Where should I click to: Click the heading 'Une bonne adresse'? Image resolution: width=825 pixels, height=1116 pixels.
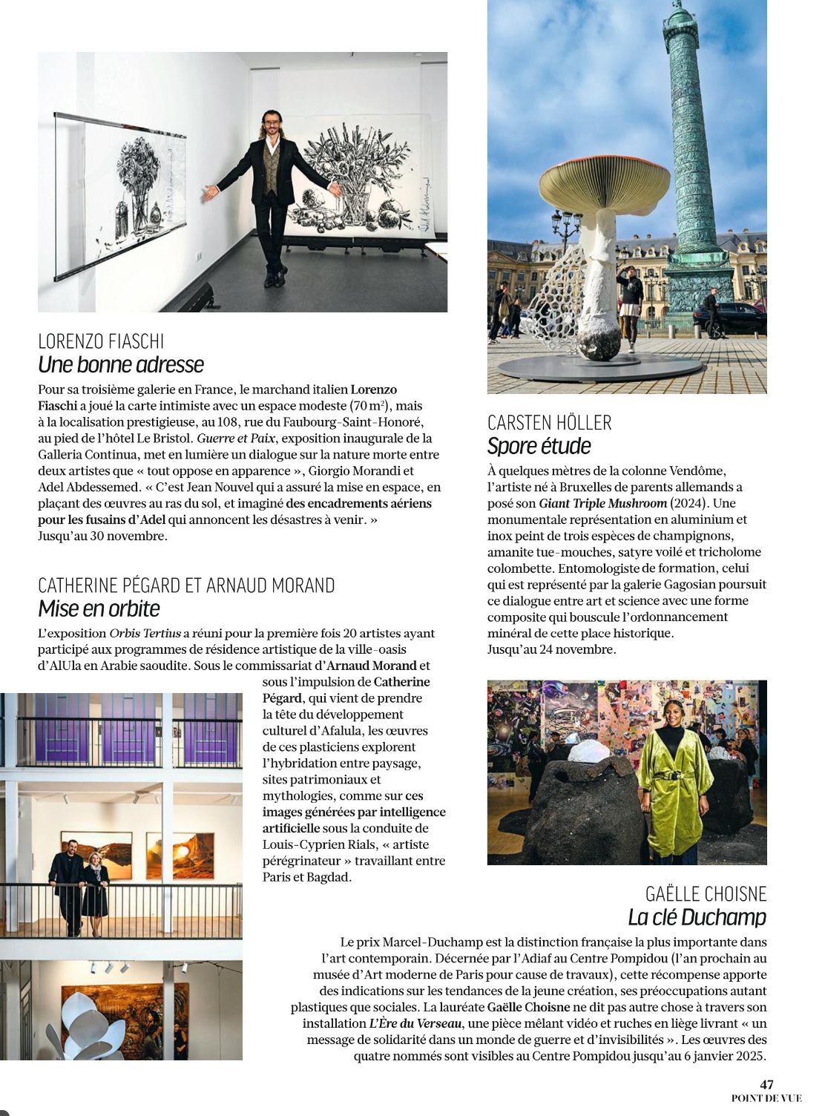coord(121,364)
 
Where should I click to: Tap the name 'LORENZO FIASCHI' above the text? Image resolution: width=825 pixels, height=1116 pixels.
coord(101,341)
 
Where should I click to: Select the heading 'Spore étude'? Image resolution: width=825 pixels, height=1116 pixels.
coord(539,446)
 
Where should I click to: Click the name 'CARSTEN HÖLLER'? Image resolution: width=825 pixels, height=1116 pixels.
coord(549,423)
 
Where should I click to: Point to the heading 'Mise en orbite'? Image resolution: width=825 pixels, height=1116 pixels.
coord(99,608)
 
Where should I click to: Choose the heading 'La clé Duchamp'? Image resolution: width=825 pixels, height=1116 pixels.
coord(697,917)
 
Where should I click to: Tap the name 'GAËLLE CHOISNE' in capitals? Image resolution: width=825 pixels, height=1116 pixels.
coord(706,894)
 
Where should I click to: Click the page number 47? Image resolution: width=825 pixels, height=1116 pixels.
coord(766,1085)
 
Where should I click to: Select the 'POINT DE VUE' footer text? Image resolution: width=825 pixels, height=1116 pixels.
coord(766,1098)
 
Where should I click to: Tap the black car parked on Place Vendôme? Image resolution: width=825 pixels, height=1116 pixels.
coord(729,318)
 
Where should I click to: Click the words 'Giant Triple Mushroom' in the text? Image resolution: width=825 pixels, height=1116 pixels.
coord(602,503)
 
